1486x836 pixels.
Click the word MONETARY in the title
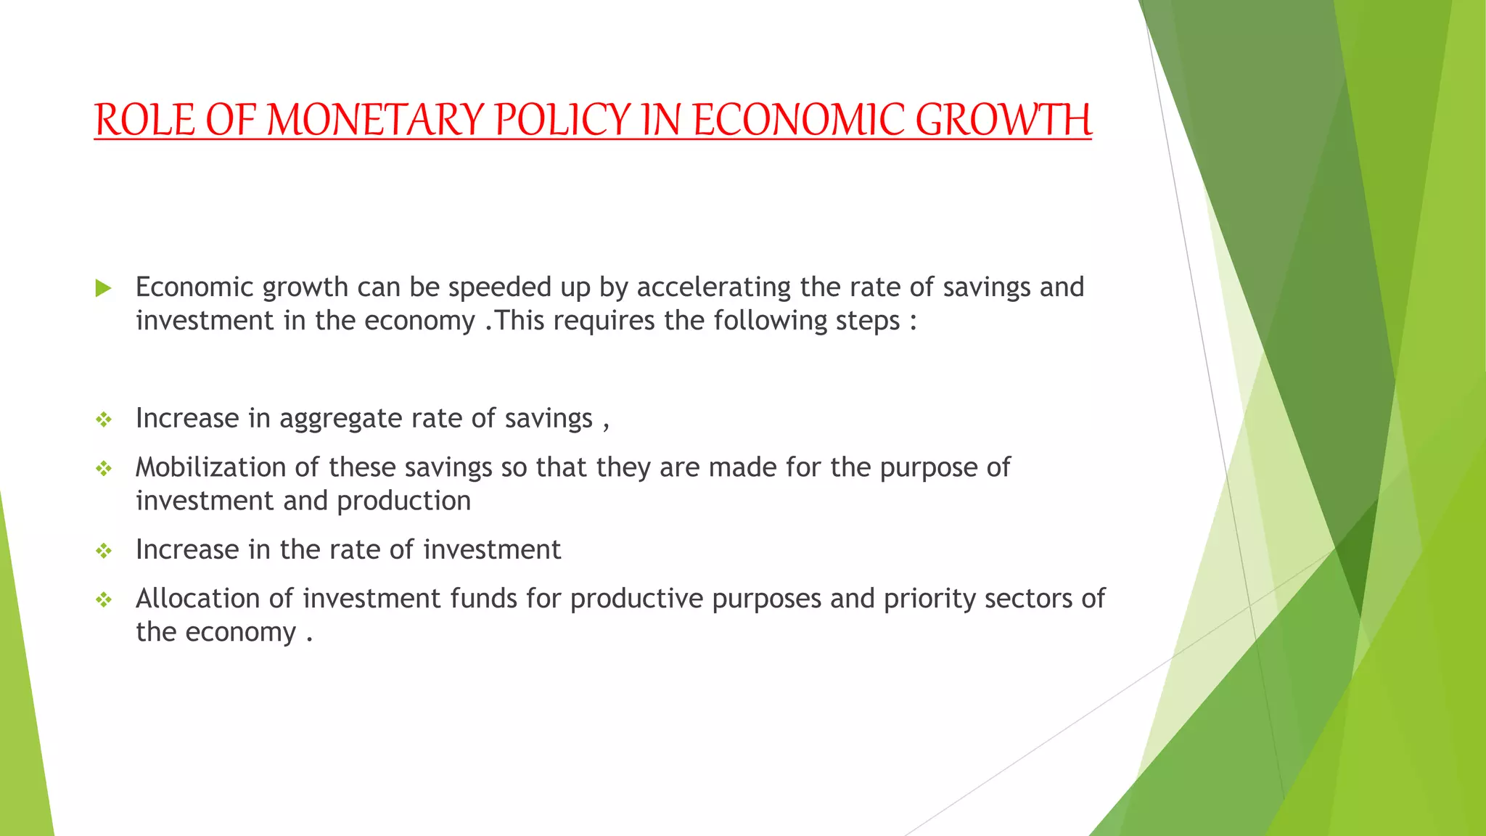pos(376,120)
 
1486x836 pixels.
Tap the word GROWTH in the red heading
pos(1003,120)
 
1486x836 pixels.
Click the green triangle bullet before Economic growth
pos(103,288)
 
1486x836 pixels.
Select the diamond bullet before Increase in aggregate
pos(104,419)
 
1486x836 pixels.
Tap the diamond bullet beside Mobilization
pos(104,469)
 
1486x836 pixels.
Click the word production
pos(404,501)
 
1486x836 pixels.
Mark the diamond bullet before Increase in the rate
pos(104,551)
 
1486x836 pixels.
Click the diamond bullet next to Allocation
pos(104,600)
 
